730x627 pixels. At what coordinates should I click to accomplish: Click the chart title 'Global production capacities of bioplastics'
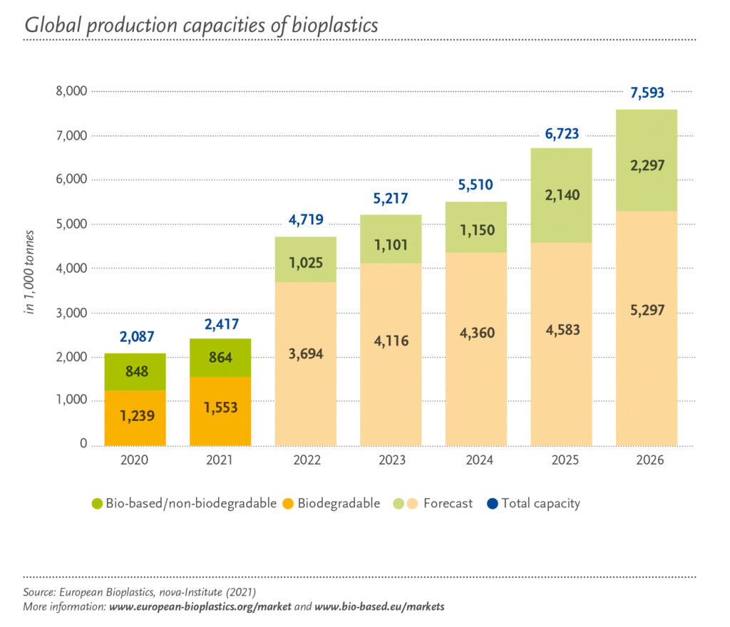point(201,24)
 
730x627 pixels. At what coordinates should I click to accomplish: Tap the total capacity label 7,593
point(647,93)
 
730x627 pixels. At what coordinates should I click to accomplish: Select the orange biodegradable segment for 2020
point(135,418)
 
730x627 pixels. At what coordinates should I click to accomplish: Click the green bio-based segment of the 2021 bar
point(220,358)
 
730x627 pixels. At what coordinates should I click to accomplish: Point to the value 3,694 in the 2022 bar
point(306,354)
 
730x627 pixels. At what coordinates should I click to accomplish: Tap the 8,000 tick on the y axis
point(71,91)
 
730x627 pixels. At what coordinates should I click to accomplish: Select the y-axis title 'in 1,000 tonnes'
point(30,269)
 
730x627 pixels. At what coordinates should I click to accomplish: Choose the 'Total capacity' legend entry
point(540,504)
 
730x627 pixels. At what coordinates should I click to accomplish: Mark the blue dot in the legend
point(493,504)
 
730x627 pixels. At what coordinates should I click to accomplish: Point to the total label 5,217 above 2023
point(391,199)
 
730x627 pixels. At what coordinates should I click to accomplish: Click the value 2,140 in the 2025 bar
point(562,197)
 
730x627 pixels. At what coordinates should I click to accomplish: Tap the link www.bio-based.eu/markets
point(379,607)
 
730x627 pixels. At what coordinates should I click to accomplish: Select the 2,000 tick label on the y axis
point(71,357)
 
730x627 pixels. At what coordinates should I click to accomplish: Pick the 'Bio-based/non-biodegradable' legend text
point(191,504)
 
